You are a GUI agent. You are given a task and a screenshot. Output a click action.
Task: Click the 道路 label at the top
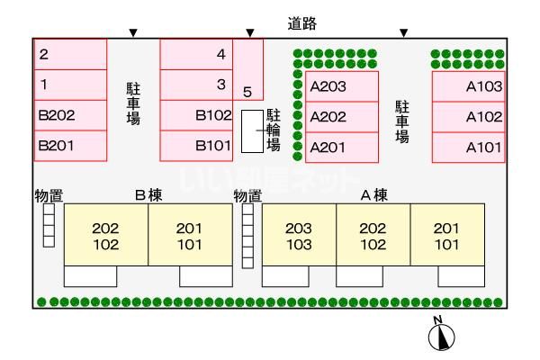[x=302, y=23]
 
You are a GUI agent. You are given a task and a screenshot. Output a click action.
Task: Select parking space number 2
[x=70, y=54]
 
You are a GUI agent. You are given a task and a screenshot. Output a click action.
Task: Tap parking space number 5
[x=248, y=69]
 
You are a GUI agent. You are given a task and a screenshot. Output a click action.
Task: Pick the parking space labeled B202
[x=70, y=115]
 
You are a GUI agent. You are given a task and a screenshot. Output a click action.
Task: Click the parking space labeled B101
[x=196, y=146]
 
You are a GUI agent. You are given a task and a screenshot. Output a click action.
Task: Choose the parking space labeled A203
[x=342, y=86]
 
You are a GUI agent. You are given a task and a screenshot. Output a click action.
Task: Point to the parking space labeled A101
[x=469, y=147]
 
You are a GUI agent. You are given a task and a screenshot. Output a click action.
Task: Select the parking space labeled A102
[x=469, y=117]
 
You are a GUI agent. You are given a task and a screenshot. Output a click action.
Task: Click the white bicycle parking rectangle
[x=252, y=131]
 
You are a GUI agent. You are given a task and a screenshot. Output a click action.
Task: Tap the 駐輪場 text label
[x=274, y=130]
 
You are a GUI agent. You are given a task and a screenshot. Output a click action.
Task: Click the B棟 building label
[x=148, y=195]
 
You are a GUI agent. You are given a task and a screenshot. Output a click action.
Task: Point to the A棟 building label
[x=374, y=195]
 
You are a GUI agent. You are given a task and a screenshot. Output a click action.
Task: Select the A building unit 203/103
[x=300, y=235]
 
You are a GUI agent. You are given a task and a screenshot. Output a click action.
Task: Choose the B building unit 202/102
[x=106, y=235]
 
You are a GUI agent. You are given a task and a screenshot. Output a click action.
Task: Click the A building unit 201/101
[x=447, y=235]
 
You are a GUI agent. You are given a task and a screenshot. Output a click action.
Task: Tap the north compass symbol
[x=441, y=335]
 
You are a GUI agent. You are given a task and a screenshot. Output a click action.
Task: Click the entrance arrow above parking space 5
[x=250, y=33]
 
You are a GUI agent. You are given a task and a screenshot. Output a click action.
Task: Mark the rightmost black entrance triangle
[x=404, y=33]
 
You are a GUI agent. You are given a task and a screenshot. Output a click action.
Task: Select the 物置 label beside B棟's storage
[x=49, y=196]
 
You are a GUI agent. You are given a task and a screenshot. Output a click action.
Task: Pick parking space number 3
[x=196, y=85]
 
